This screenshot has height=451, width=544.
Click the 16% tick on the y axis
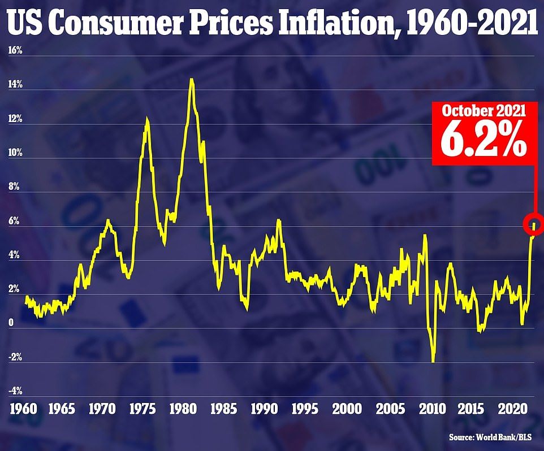pyautogui.click(x=15, y=50)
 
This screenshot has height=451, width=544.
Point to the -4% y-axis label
pyautogui.click(x=15, y=391)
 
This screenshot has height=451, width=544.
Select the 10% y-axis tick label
pyautogui.click(x=15, y=153)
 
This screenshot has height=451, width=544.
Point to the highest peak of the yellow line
pyautogui.click(x=192, y=80)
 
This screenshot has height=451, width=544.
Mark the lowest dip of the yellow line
pyautogui.click(x=433, y=361)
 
